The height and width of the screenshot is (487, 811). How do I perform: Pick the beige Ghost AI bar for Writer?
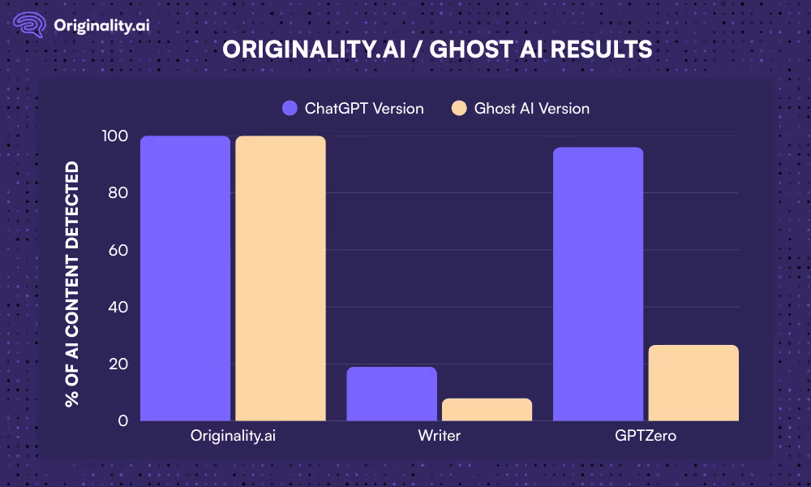[487, 410]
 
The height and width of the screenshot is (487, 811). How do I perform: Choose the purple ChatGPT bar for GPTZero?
[598, 284]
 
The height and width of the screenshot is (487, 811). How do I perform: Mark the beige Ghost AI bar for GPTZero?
[693, 383]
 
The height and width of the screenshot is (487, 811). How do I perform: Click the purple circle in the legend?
[290, 108]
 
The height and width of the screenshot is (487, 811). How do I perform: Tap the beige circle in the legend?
[459, 108]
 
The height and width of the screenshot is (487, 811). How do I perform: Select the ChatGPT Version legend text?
[364, 108]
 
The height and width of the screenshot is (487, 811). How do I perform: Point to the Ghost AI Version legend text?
[532, 108]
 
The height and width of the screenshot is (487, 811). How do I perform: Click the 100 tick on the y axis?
[115, 136]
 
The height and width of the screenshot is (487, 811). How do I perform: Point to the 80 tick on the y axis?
[118, 193]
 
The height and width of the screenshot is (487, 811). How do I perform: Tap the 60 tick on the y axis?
[118, 250]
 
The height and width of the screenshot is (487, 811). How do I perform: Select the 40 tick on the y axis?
[118, 307]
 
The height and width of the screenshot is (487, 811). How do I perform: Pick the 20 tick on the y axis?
[118, 364]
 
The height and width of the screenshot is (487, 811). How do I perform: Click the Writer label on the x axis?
[440, 436]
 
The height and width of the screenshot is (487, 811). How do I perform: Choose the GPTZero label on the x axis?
[646, 436]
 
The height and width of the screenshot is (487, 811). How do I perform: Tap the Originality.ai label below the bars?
[233, 436]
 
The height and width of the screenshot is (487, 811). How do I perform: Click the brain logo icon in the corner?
[29, 24]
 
